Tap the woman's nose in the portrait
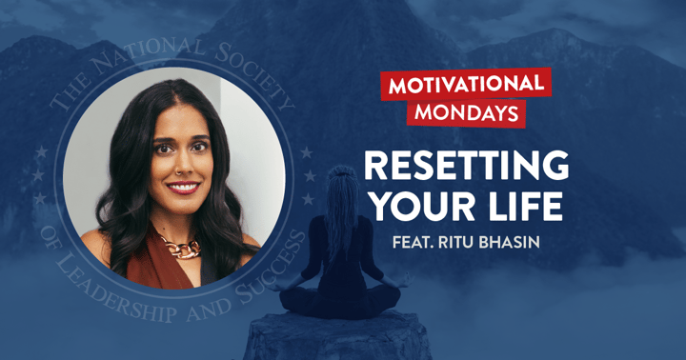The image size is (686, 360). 183,167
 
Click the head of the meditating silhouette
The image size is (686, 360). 344,183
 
